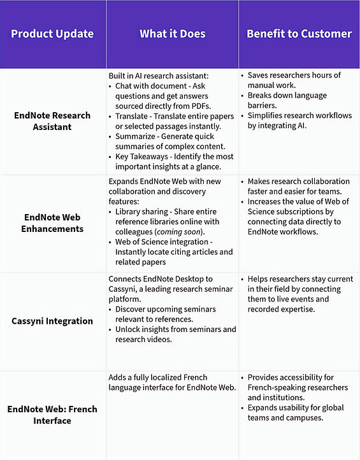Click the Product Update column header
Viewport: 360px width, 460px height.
pyautogui.click(x=52, y=34)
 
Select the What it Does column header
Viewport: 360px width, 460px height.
pyautogui.click(x=172, y=34)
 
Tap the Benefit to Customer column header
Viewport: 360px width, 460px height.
pyautogui.click(x=299, y=34)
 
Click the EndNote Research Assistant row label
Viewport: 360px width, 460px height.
pyautogui.click(x=52, y=121)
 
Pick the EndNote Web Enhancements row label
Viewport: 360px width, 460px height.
pyautogui.click(x=52, y=223)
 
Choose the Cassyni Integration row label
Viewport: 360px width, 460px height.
pyautogui.click(x=52, y=321)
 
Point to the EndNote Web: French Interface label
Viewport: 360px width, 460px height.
pyautogui.click(x=52, y=414)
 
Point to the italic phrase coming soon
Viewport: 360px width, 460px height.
pyautogui.click(x=188, y=231)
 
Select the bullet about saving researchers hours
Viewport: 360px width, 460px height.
pyautogui.click(x=294, y=80)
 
